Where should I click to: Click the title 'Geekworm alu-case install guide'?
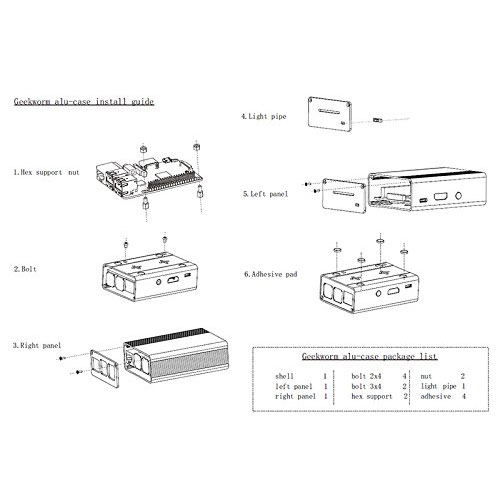tap(84, 101)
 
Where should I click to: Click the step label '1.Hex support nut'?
tap(46, 172)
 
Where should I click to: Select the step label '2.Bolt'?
tap(25, 269)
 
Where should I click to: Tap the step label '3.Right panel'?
tap(37, 345)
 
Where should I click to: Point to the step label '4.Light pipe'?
tap(264, 116)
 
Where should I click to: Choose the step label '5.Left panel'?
tap(265, 194)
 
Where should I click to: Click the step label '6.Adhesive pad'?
tap(271, 274)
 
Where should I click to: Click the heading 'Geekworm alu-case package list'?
tap(370, 356)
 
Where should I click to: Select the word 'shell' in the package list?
tap(284, 376)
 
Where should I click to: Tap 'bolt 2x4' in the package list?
tap(366, 376)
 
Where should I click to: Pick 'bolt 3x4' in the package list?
tap(366, 386)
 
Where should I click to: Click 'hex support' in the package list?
tap(372, 397)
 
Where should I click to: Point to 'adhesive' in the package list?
tap(436, 396)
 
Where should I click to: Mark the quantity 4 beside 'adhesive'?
tap(463, 396)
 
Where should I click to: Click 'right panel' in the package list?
tap(295, 397)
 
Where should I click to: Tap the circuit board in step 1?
tap(150, 178)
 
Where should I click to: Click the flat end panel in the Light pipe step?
tap(330, 114)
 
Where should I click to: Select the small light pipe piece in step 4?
tap(377, 120)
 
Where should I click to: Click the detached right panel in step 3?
tap(105, 369)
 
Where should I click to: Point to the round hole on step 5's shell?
tap(459, 195)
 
